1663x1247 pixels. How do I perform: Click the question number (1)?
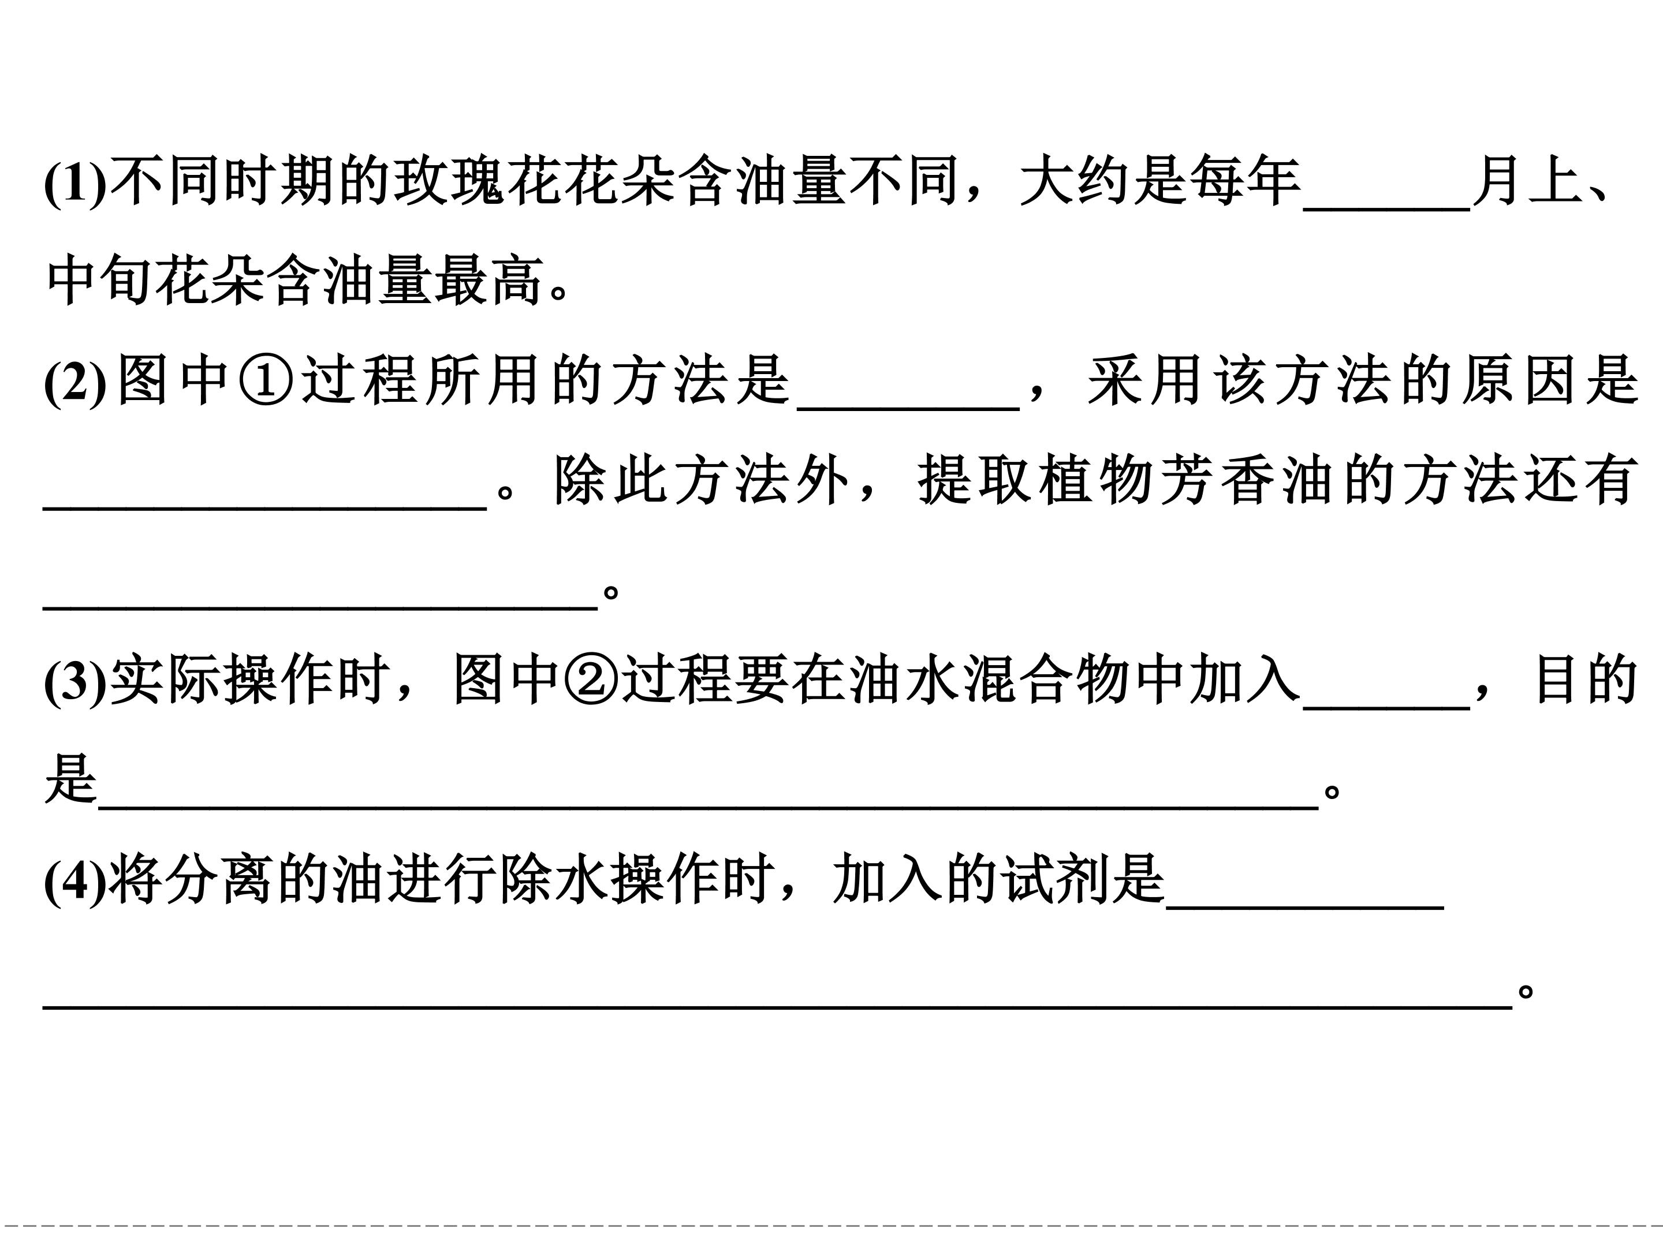pyautogui.click(x=75, y=182)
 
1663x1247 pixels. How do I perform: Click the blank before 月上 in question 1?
pyautogui.click(x=1386, y=210)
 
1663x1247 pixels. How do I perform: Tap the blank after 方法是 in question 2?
pyautogui.click(x=908, y=408)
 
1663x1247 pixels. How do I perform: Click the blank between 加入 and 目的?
pyautogui.click(x=1386, y=707)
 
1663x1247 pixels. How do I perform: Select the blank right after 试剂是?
pyautogui.click(x=1305, y=908)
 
